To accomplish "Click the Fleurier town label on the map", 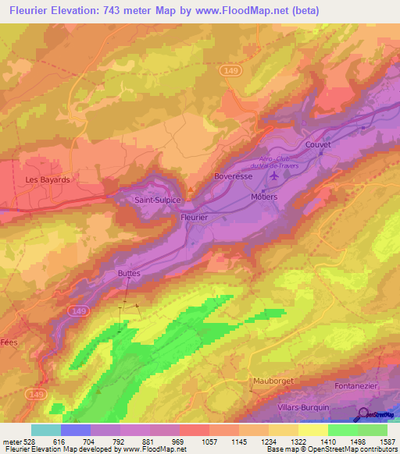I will pyautogui.click(x=195, y=218).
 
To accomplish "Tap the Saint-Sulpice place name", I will pyautogui.click(x=159, y=200).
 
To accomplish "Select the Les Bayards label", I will pyautogui.click(x=48, y=179).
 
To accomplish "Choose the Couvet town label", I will pyautogui.click(x=319, y=144).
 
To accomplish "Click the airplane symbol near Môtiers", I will pyautogui.click(x=273, y=177).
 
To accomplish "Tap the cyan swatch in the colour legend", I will pyautogui.click(x=45, y=430).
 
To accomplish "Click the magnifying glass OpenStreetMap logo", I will pyautogui.click(x=364, y=414).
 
